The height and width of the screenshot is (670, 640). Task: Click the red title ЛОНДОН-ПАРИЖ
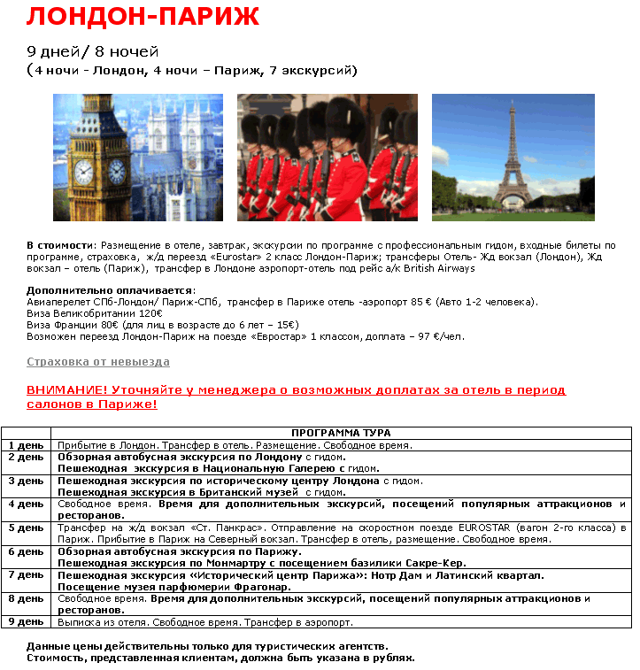(143, 17)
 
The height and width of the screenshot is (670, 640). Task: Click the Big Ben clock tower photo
(137, 157)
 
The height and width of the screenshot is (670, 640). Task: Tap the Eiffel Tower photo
(513, 157)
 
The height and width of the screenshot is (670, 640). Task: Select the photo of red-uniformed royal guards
(327, 157)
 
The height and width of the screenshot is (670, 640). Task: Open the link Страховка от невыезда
(98, 362)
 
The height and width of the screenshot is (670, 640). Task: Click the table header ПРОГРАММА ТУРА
(341, 433)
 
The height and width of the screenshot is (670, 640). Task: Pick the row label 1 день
(26, 445)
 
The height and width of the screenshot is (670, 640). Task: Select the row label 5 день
(26, 528)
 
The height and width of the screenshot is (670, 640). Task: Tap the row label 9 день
(26, 622)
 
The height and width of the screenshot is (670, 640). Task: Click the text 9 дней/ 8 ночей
(93, 51)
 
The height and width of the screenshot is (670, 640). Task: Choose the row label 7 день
(26, 575)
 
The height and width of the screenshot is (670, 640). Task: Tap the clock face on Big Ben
(83, 172)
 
